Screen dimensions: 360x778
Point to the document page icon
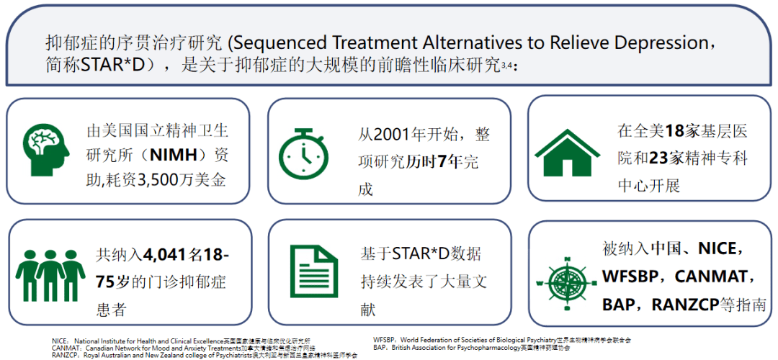(x=313, y=271)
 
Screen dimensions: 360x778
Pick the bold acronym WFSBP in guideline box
(x=632, y=276)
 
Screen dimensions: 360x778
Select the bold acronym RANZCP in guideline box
(x=686, y=304)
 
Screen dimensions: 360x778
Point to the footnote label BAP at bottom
(x=381, y=346)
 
